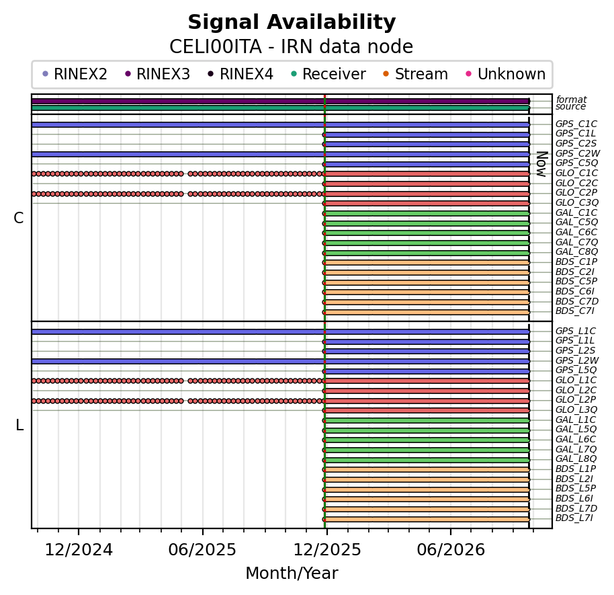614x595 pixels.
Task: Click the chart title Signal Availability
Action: (292, 22)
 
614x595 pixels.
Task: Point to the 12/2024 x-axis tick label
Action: (79, 550)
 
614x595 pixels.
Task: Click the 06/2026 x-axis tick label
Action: (451, 550)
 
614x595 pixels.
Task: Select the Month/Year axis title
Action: (292, 573)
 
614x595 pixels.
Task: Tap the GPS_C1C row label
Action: (576, 124)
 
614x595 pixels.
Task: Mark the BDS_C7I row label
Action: (575, 311)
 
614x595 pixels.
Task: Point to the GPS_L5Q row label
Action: (576, 370)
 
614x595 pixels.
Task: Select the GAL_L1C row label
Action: (576, 420)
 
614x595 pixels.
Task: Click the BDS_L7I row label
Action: (574, 518)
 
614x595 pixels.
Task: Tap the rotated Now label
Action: (541, 164)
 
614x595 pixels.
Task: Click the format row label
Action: (571, 100)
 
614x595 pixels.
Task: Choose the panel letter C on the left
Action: (18, 218)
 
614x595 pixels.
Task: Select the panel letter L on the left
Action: (19, 425)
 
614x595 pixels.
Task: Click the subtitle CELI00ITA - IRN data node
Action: (292, 46)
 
